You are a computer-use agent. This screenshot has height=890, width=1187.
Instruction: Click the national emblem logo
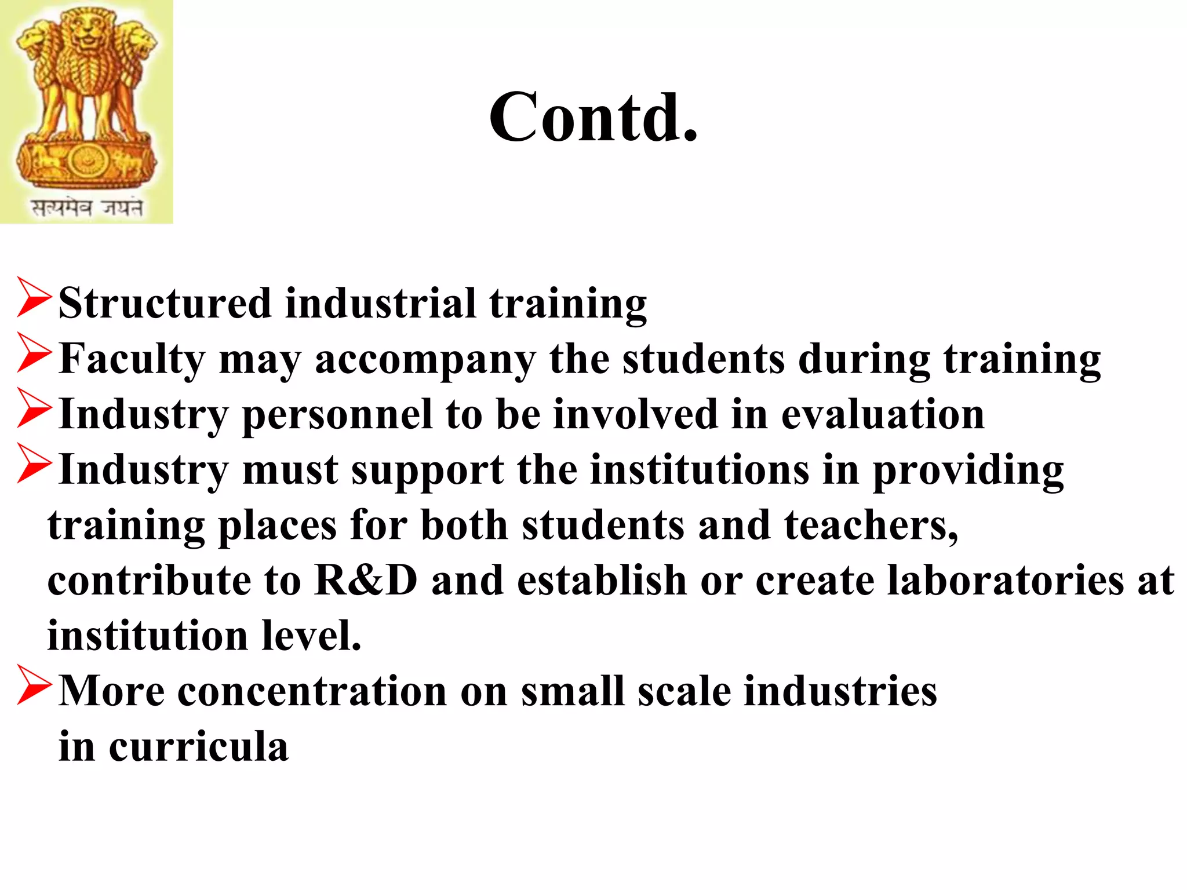[86, 99]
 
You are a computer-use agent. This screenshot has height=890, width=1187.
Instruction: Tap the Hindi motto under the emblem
[87, 207]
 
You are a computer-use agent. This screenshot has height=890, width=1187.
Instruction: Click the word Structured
[165, 303]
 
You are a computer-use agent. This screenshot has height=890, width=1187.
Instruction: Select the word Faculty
[132, 359]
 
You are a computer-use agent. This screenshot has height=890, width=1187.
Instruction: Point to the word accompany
[425, 360]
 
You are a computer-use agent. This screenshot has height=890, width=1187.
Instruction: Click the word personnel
[337, 415]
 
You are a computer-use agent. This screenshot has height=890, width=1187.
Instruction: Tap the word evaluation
[882, 415]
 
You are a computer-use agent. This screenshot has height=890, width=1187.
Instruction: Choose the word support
[428, 470]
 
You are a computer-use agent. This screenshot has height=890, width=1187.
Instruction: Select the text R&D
[366, 580]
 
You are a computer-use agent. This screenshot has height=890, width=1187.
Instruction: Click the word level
[311, 636]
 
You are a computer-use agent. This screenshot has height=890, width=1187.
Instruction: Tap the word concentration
[312, 691]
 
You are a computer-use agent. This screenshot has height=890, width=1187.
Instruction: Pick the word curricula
[198, 746]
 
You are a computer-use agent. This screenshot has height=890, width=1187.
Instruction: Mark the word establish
[602, 580]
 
